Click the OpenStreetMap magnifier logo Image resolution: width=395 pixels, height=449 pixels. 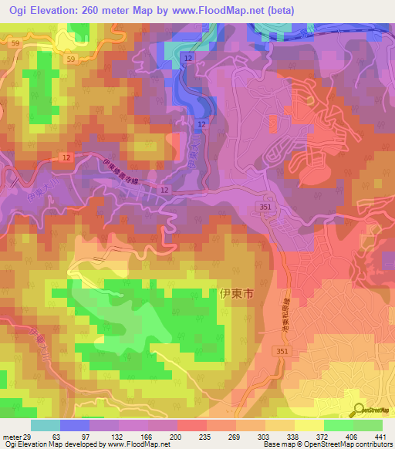358,411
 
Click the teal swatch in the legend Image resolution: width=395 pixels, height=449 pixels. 45,425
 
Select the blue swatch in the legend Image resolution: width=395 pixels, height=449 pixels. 74,425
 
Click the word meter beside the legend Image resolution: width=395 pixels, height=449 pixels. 10,437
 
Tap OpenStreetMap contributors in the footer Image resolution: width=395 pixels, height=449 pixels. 343,444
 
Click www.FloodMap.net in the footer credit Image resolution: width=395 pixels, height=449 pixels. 149,444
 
